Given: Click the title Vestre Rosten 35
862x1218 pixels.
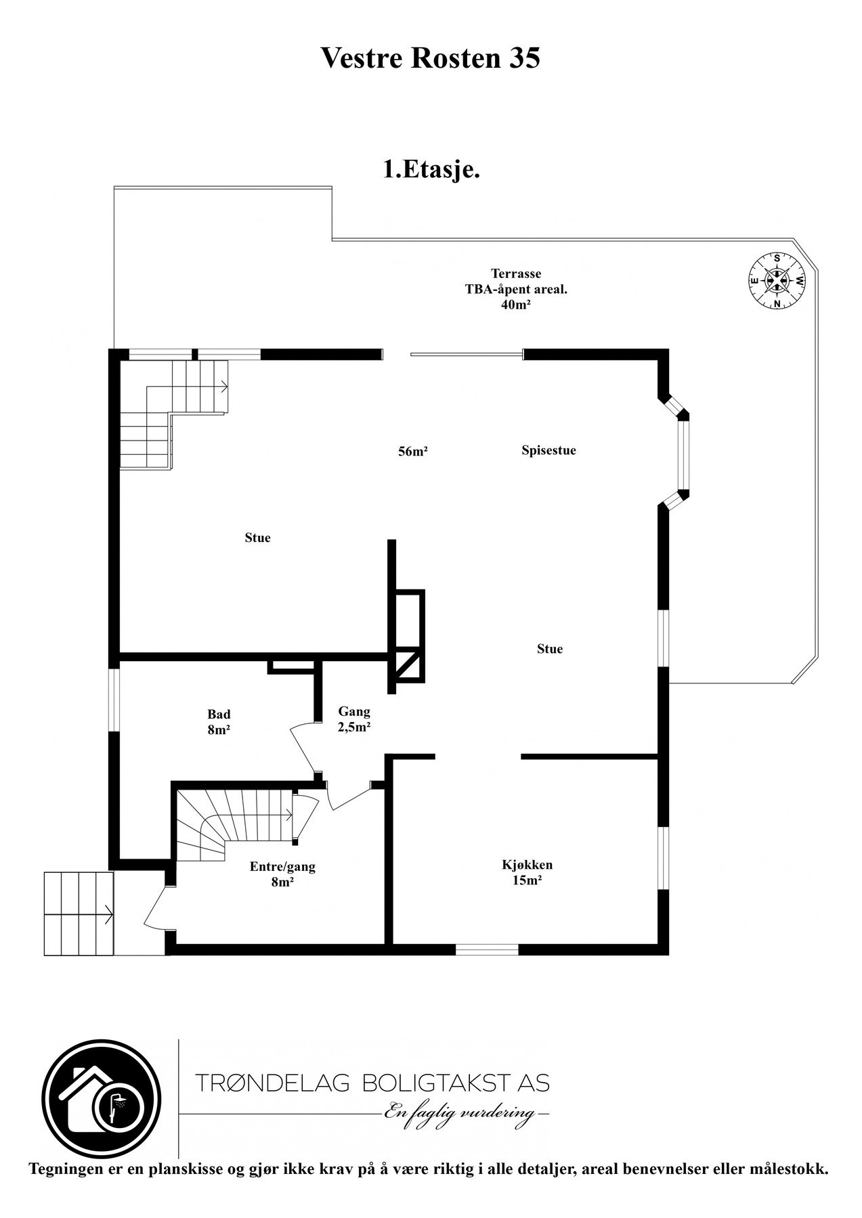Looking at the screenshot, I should tap(430, 58).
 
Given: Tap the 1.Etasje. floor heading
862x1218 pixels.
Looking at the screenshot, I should tap(431, 169).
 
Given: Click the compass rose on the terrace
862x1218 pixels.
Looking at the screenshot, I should tap(777, 280).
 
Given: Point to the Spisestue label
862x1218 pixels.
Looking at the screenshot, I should tap(548, 451).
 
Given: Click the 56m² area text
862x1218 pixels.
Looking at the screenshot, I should tap(412, 452).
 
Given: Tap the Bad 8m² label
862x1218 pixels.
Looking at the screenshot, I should tap(219, 722).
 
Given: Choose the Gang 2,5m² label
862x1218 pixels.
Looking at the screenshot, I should tap(354, 719).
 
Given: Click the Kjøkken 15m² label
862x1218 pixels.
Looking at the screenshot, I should tap(527, 872).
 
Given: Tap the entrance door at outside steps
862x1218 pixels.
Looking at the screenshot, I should tap(154, 907).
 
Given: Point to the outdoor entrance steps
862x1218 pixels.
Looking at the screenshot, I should tap(78, 913).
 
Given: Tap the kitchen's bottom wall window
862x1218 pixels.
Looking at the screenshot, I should tap(487, 949).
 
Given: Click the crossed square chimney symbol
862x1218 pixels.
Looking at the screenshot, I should tap(406, 666).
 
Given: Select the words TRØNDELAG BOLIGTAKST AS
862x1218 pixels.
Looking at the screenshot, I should tap(372, 1083).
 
